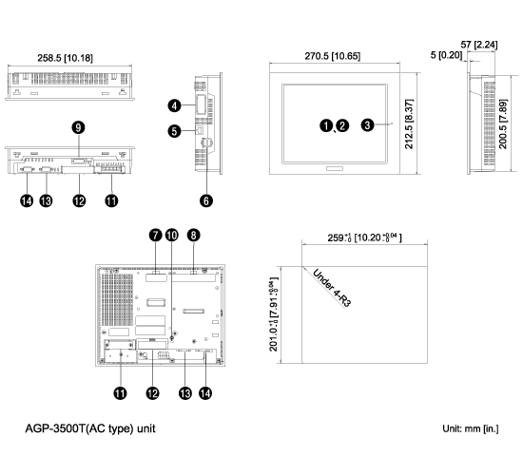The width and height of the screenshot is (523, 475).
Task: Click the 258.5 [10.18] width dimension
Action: [65, 58]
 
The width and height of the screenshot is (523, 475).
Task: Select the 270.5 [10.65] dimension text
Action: [333, 56]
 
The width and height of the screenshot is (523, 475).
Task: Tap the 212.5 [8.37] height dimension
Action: [409, 124]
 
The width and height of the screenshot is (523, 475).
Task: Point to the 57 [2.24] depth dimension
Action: [479, 45]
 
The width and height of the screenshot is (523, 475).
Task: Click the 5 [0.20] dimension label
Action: [446, 55]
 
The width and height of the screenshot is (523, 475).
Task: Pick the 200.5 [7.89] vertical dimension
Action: [503, 124]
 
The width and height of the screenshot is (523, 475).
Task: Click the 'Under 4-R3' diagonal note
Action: [332, 289]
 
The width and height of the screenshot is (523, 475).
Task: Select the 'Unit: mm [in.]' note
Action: [471, 428]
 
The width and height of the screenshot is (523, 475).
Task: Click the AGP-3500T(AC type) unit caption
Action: [90, 428]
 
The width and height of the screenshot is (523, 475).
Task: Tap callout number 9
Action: [78, 127]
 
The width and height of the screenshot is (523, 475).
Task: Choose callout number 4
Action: [174, 106]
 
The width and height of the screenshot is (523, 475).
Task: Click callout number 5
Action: [174, 131]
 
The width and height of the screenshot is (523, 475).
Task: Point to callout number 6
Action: [206, 200]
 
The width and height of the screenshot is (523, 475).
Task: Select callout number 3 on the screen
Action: [367, 125]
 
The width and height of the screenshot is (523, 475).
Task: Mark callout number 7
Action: [155, 235]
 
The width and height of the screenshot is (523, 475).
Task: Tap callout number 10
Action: [172, 235]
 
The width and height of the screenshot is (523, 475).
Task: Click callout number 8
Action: [193, 235]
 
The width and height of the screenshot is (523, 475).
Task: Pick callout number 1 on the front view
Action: [326, 125]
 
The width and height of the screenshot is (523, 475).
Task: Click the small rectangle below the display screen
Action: [335, 169]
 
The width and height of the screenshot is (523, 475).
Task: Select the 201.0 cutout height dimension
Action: [273, 314]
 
